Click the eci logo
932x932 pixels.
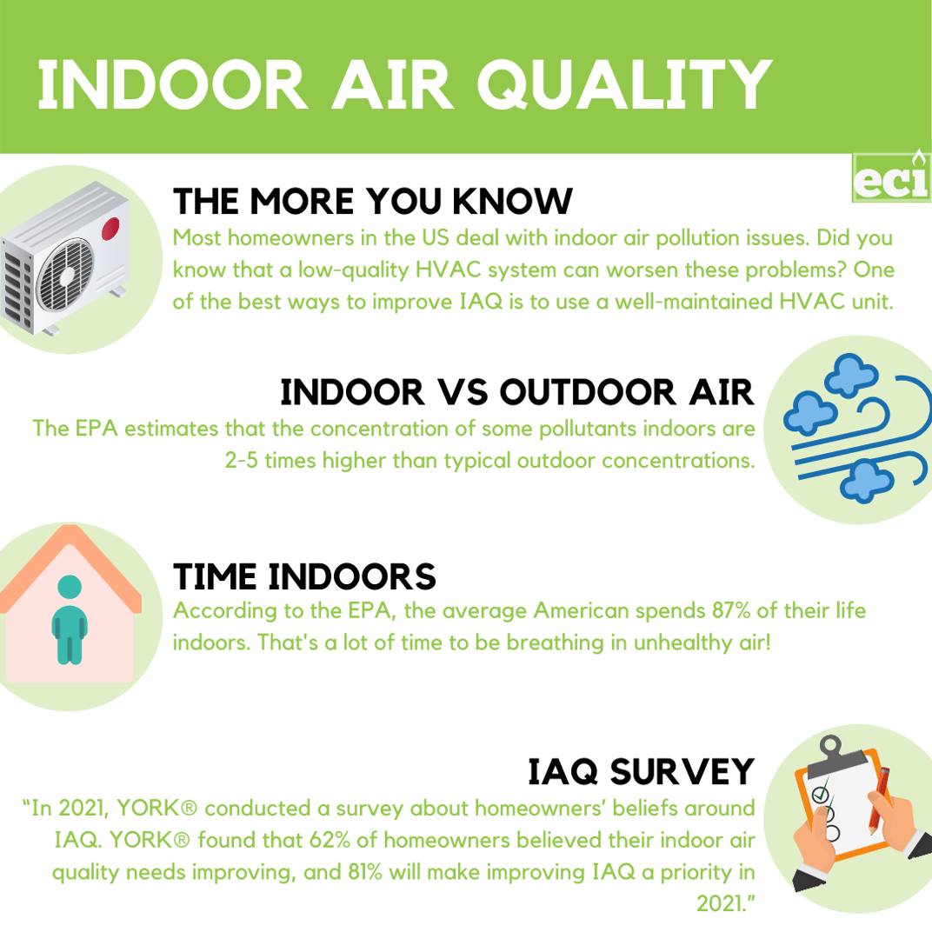891,177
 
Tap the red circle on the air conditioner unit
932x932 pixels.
111,230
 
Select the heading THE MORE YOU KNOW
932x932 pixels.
373,202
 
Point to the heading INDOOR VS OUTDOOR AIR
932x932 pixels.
516,393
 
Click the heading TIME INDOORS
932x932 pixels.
304,576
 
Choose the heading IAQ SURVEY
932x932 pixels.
641,770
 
